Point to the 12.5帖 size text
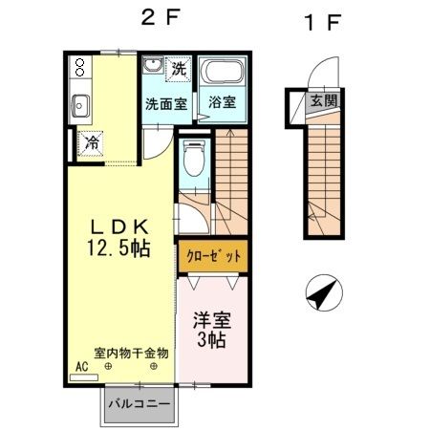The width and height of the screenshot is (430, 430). point(119,248)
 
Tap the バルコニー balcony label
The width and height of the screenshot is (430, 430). point(139,404)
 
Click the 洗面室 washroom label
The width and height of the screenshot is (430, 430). point(164,102)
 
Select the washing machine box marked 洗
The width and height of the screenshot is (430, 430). point(179,69)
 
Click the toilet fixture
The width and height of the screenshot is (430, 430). point(192,158)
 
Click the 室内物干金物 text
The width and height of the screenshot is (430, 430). point(131,353)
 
